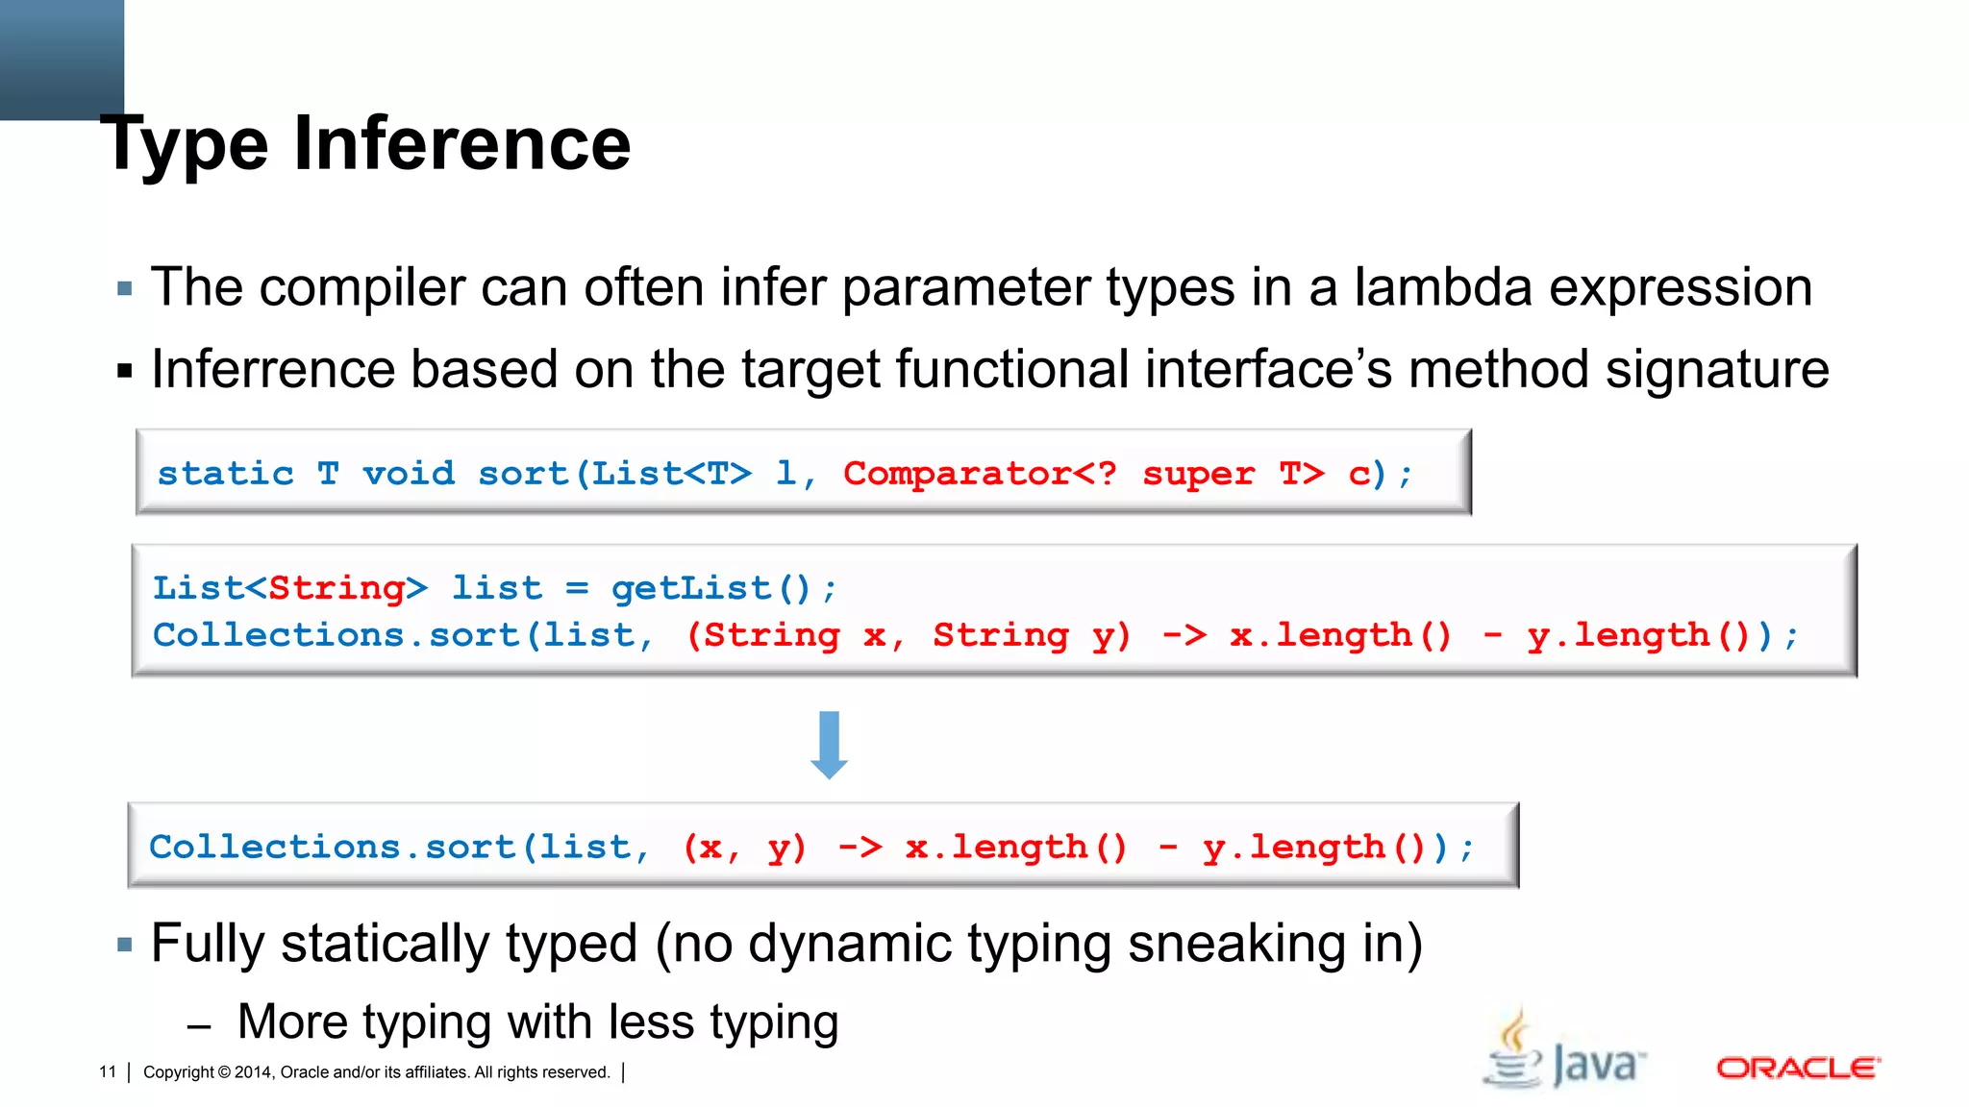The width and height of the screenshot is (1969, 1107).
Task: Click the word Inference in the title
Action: coord(461,144)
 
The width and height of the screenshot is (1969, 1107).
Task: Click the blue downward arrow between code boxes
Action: coord(829,745)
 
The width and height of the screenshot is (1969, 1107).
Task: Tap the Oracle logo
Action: coord(1798,1068)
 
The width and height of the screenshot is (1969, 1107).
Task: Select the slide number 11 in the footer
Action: coord(108,1071)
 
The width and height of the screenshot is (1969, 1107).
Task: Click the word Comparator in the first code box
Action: coord(957,474)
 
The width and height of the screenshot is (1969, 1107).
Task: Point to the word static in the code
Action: coord(225,474)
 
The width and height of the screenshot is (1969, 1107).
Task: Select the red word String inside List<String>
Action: coord(336,588)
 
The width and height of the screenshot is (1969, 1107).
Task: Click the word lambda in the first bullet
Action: coord(1442,287)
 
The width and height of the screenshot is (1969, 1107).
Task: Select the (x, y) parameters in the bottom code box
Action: coord(744,848)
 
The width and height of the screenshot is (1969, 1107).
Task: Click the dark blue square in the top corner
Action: coord(62,58)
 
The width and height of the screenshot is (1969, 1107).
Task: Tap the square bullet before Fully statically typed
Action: coord(124,945)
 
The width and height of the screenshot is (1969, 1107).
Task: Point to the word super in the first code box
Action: coord(1198,474)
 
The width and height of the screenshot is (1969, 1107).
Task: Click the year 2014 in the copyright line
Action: coord(254,1071)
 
